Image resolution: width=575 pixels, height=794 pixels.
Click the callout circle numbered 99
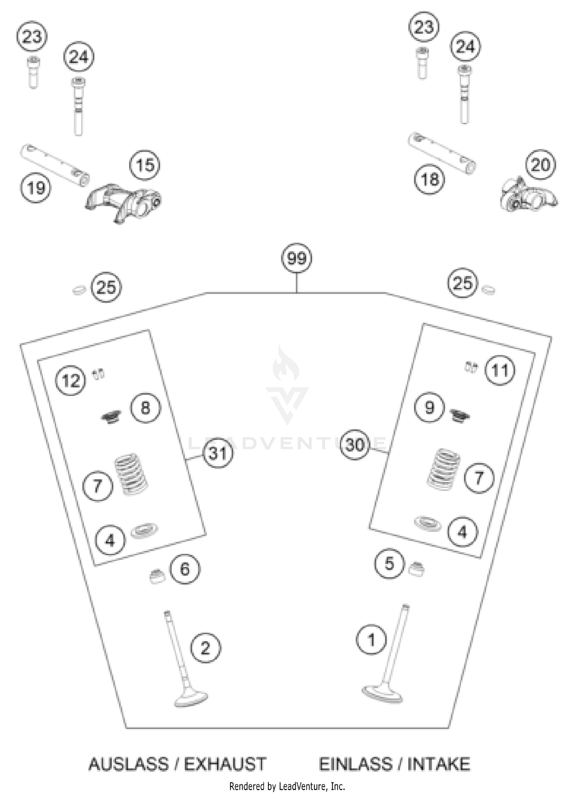[x=297, y=258]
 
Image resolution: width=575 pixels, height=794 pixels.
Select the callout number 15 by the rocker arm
[x=145, y=166]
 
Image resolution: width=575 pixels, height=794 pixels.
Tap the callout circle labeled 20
[x=540, y=165]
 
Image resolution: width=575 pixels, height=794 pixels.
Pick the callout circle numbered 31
[x=218, y=453]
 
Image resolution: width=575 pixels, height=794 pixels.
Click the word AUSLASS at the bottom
[x=128, y=764]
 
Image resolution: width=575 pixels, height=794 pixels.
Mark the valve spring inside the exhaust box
[x=131, y=474]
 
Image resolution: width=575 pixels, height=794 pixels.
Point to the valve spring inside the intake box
[x=444, y=469]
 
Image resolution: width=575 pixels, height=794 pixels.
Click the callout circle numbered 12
[x=71, y=381]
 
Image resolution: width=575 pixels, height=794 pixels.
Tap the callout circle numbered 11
[x=499, y=370]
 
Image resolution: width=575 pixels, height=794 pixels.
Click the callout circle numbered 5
[x=389, y=564]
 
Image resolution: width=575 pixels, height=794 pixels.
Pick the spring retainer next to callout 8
[x=112, y=417]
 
